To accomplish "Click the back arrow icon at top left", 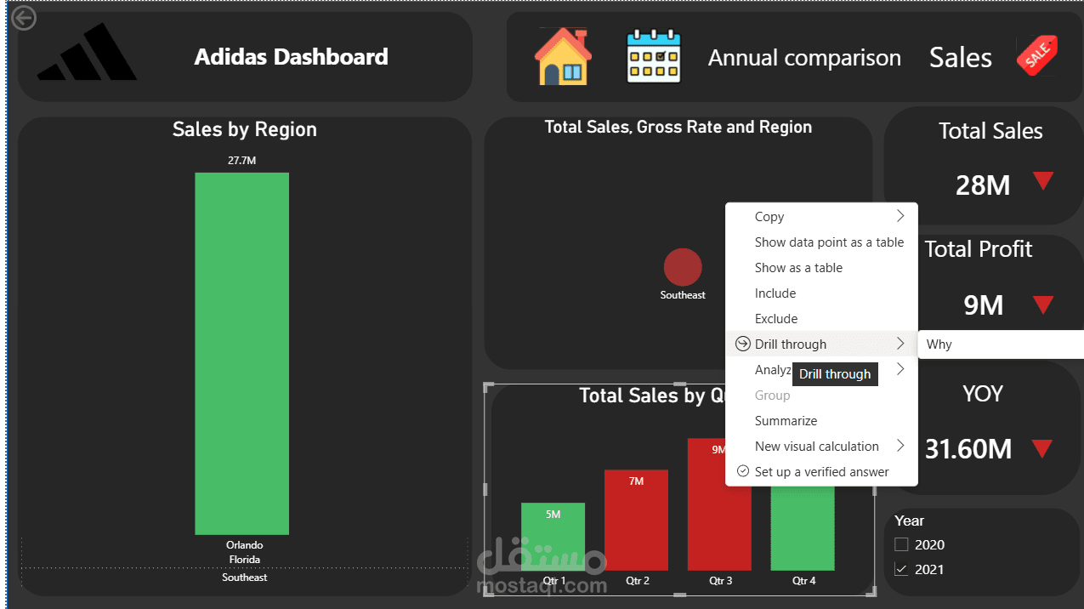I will click(x=24, y=18).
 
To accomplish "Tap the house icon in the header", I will click(x=562, y=57).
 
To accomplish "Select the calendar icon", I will click(x=654, y=57).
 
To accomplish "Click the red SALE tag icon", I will click(x=1037, y=56).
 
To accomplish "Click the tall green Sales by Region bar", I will click(x=241, y=353).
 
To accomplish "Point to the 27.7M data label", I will click(x=241, y=160).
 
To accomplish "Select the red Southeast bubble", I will click(x=683, y=267).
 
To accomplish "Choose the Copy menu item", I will click(x=769, y=217).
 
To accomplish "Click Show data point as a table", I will click(x=829, y=242).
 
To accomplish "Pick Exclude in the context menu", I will click(x=776, y=319).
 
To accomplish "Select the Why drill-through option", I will click(x=939, y=344).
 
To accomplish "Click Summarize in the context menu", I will click(x=786, y=421).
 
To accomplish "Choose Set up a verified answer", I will click(x=821, y=472).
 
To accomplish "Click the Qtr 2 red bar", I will click(x=636, y=521).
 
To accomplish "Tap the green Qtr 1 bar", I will click(x=553, y=538).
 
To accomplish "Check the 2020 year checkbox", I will click(x=901, y=544).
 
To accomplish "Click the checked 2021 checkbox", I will click(x=901, y=569).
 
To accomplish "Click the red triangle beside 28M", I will click(x=1043, y=181).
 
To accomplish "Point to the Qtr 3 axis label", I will click(x=720, y=581).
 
